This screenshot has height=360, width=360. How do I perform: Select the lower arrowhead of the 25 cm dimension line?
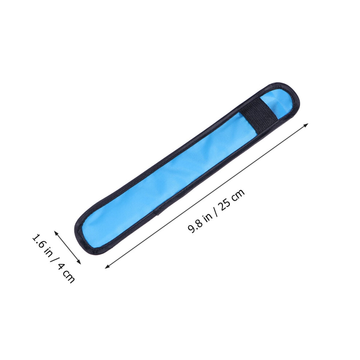(107, 266)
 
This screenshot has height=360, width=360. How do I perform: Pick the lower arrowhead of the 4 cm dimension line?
(79, 262)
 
